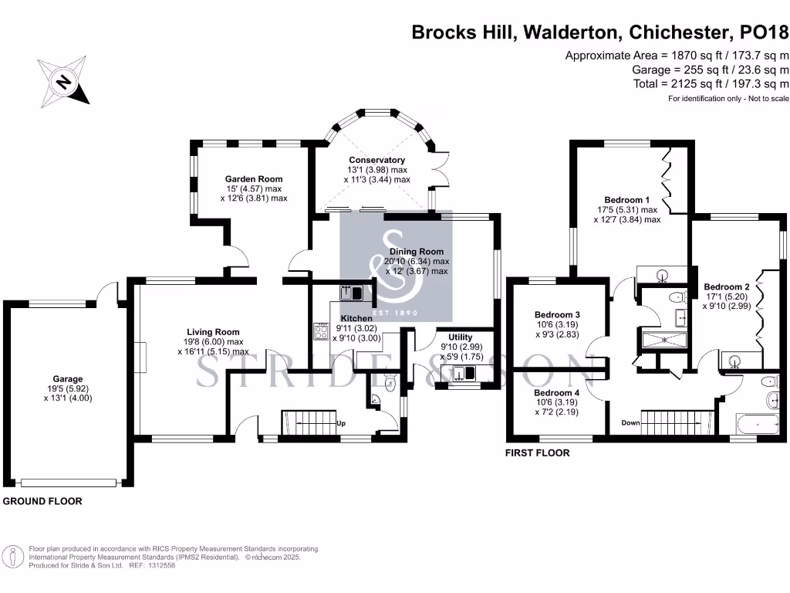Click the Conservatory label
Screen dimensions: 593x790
[x=376, y=160]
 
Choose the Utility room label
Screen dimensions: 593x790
[x=455, y=337]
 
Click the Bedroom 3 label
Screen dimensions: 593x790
[x=556, y=314]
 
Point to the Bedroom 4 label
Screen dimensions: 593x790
[x=556, y=392]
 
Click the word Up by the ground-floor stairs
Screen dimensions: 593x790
[x=340, y=423]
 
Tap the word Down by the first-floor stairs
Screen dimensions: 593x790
[x=631, y=423]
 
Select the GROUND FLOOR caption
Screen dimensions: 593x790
[x=43, y=501]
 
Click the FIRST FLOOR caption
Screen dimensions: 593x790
[x=537, y=453]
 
